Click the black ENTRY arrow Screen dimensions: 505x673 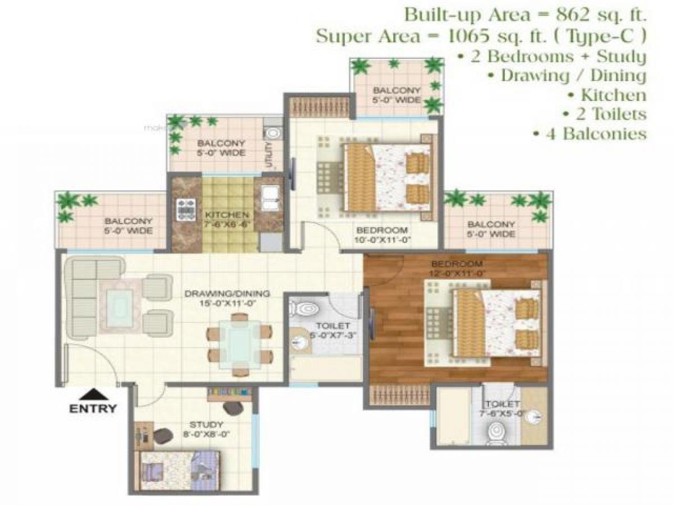point(93,394)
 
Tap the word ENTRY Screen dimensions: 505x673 point(93,408)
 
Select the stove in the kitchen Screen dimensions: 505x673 point(186,209)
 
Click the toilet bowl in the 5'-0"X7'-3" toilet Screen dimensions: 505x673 point(303,308)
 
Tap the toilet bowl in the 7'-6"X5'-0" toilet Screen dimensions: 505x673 point(495,432)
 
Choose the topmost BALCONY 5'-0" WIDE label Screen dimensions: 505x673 point(397,95)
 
